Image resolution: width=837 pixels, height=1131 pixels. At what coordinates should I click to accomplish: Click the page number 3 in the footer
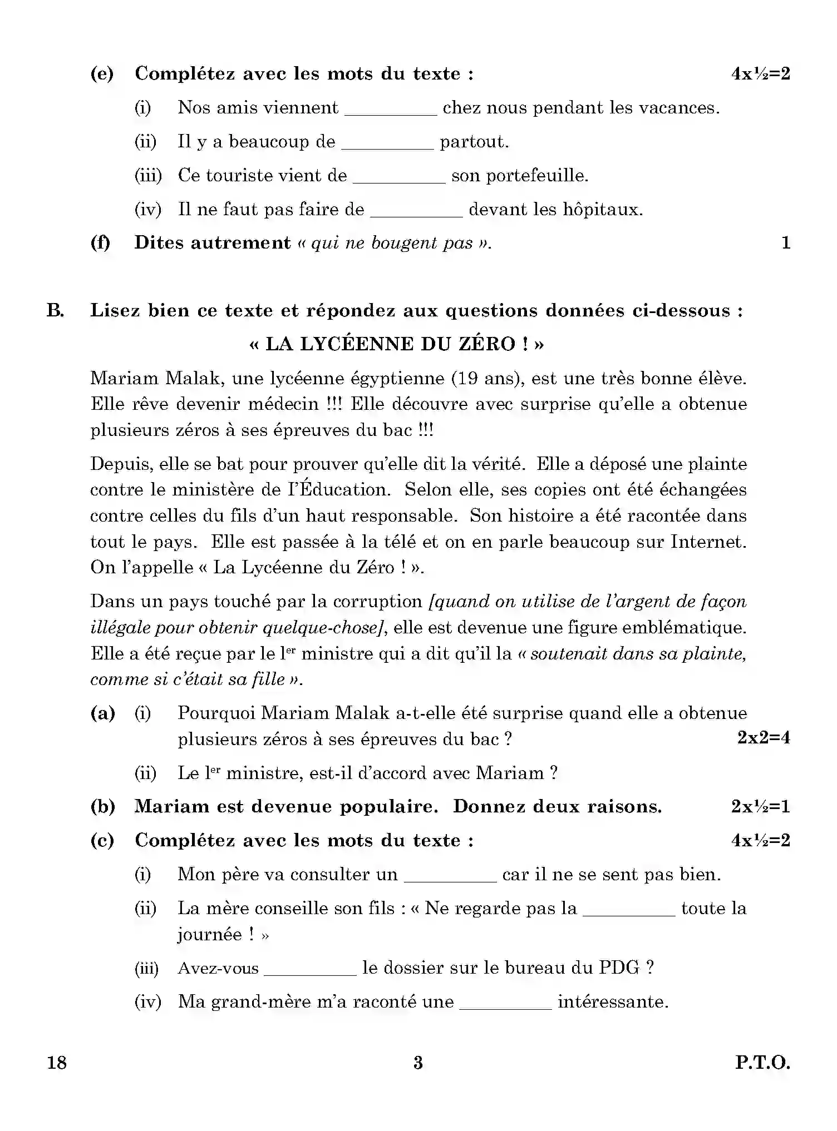[418, 1063]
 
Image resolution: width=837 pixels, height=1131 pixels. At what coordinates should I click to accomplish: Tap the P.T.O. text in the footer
[762, 1063]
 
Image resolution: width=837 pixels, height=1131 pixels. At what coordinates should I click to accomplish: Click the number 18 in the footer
[57, 1063]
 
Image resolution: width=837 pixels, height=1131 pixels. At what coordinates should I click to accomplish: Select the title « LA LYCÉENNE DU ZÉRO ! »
[396, 344]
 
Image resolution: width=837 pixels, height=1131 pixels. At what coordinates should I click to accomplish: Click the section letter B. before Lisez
[55, 310]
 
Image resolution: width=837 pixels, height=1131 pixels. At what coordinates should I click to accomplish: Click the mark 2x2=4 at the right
[764, 738]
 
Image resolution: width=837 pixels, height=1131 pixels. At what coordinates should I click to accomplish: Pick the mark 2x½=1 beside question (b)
[760, 806]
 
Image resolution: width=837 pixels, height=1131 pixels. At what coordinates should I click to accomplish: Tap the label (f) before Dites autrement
[101, 243]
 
